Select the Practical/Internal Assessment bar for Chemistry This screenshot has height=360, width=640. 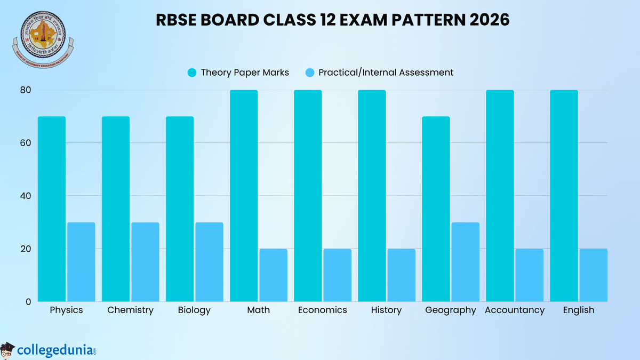(145, 262)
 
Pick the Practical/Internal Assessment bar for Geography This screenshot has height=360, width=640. (465, 262)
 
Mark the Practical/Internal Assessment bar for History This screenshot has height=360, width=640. (401, 275)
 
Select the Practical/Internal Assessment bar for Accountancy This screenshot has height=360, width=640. (529, 275)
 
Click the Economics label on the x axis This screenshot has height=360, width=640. (323, 310)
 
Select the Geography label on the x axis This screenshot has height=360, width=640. (451, 310)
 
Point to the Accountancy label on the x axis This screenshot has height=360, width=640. (515, 310)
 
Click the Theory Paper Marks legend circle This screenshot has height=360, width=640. (192, 73)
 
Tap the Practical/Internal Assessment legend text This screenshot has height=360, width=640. (386, 73)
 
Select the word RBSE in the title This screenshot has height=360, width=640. (176, 20)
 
